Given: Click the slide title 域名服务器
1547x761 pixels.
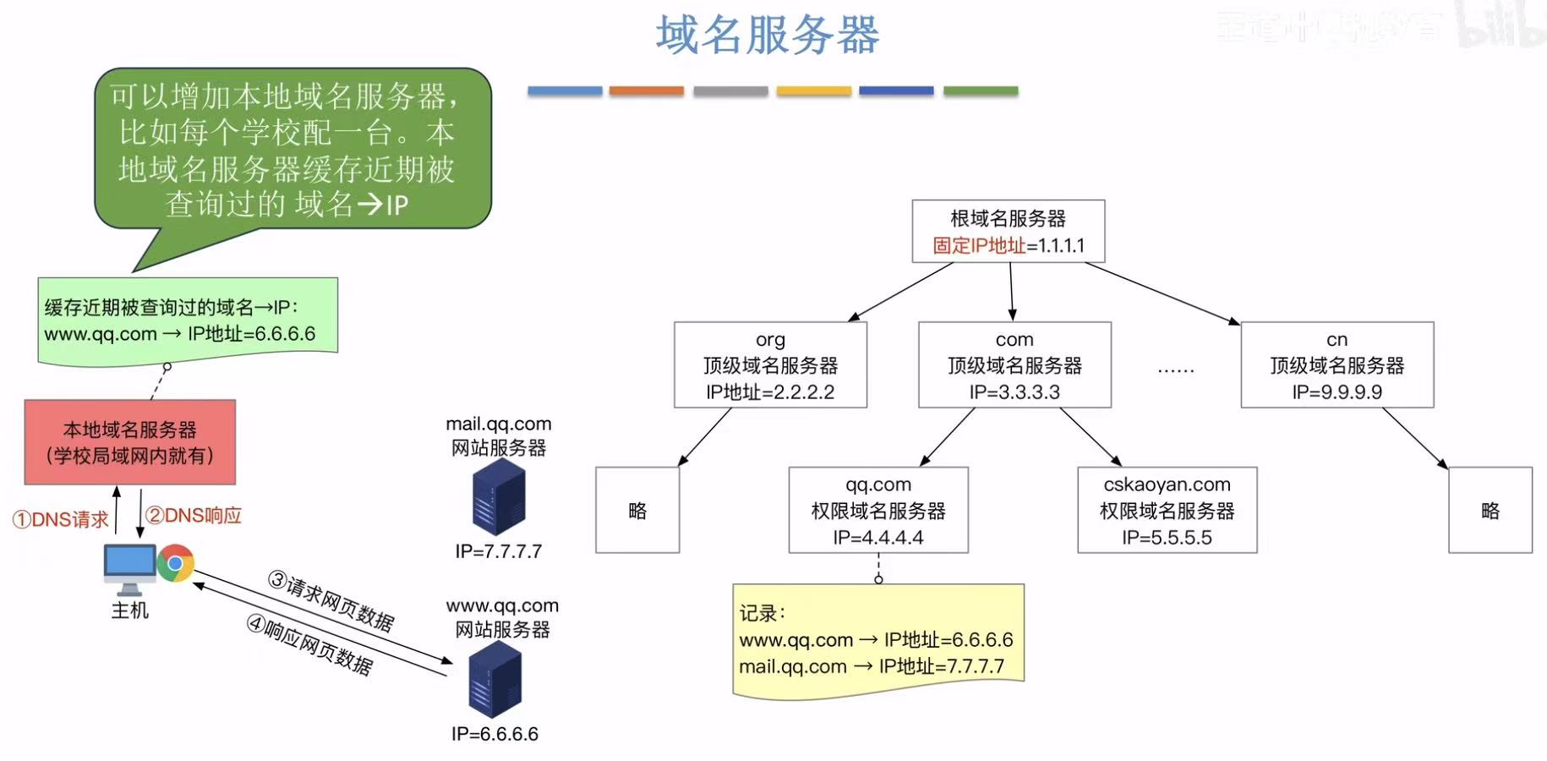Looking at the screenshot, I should tap(768, 36).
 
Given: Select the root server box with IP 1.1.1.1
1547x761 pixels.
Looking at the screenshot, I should tap(1008, 231).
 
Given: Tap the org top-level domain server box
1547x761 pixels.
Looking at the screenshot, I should tap(770, 364).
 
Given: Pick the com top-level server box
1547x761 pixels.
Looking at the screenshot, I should tap(1014, 364).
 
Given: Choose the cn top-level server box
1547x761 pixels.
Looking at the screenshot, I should tap(1337, 364).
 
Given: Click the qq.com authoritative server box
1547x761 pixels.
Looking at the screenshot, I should tap(878, 510).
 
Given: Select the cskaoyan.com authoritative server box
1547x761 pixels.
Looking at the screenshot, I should tap(1167, 510).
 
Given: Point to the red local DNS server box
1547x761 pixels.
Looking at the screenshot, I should tap(130, 442).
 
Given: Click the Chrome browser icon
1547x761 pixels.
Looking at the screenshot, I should tap(176, 563).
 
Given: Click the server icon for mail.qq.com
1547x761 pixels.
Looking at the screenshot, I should tap(499, 497).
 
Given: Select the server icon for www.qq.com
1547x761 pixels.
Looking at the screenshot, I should tap(495, 679).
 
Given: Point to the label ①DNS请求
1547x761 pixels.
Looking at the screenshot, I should tap(61, 519).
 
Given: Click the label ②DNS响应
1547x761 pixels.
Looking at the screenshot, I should tap(194, 516).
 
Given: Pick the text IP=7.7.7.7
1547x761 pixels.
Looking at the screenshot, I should tap(499, 551).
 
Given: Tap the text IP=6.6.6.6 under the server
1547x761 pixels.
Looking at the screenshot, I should tap(495, 733).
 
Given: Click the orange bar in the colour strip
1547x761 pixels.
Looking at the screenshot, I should tap(646, 90).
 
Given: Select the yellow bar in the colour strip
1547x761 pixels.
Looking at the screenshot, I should tap(813, 90).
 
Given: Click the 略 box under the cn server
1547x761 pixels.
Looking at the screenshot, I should tap(1490, 510).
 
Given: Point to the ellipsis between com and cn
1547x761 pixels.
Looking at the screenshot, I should tap(1176, 370).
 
